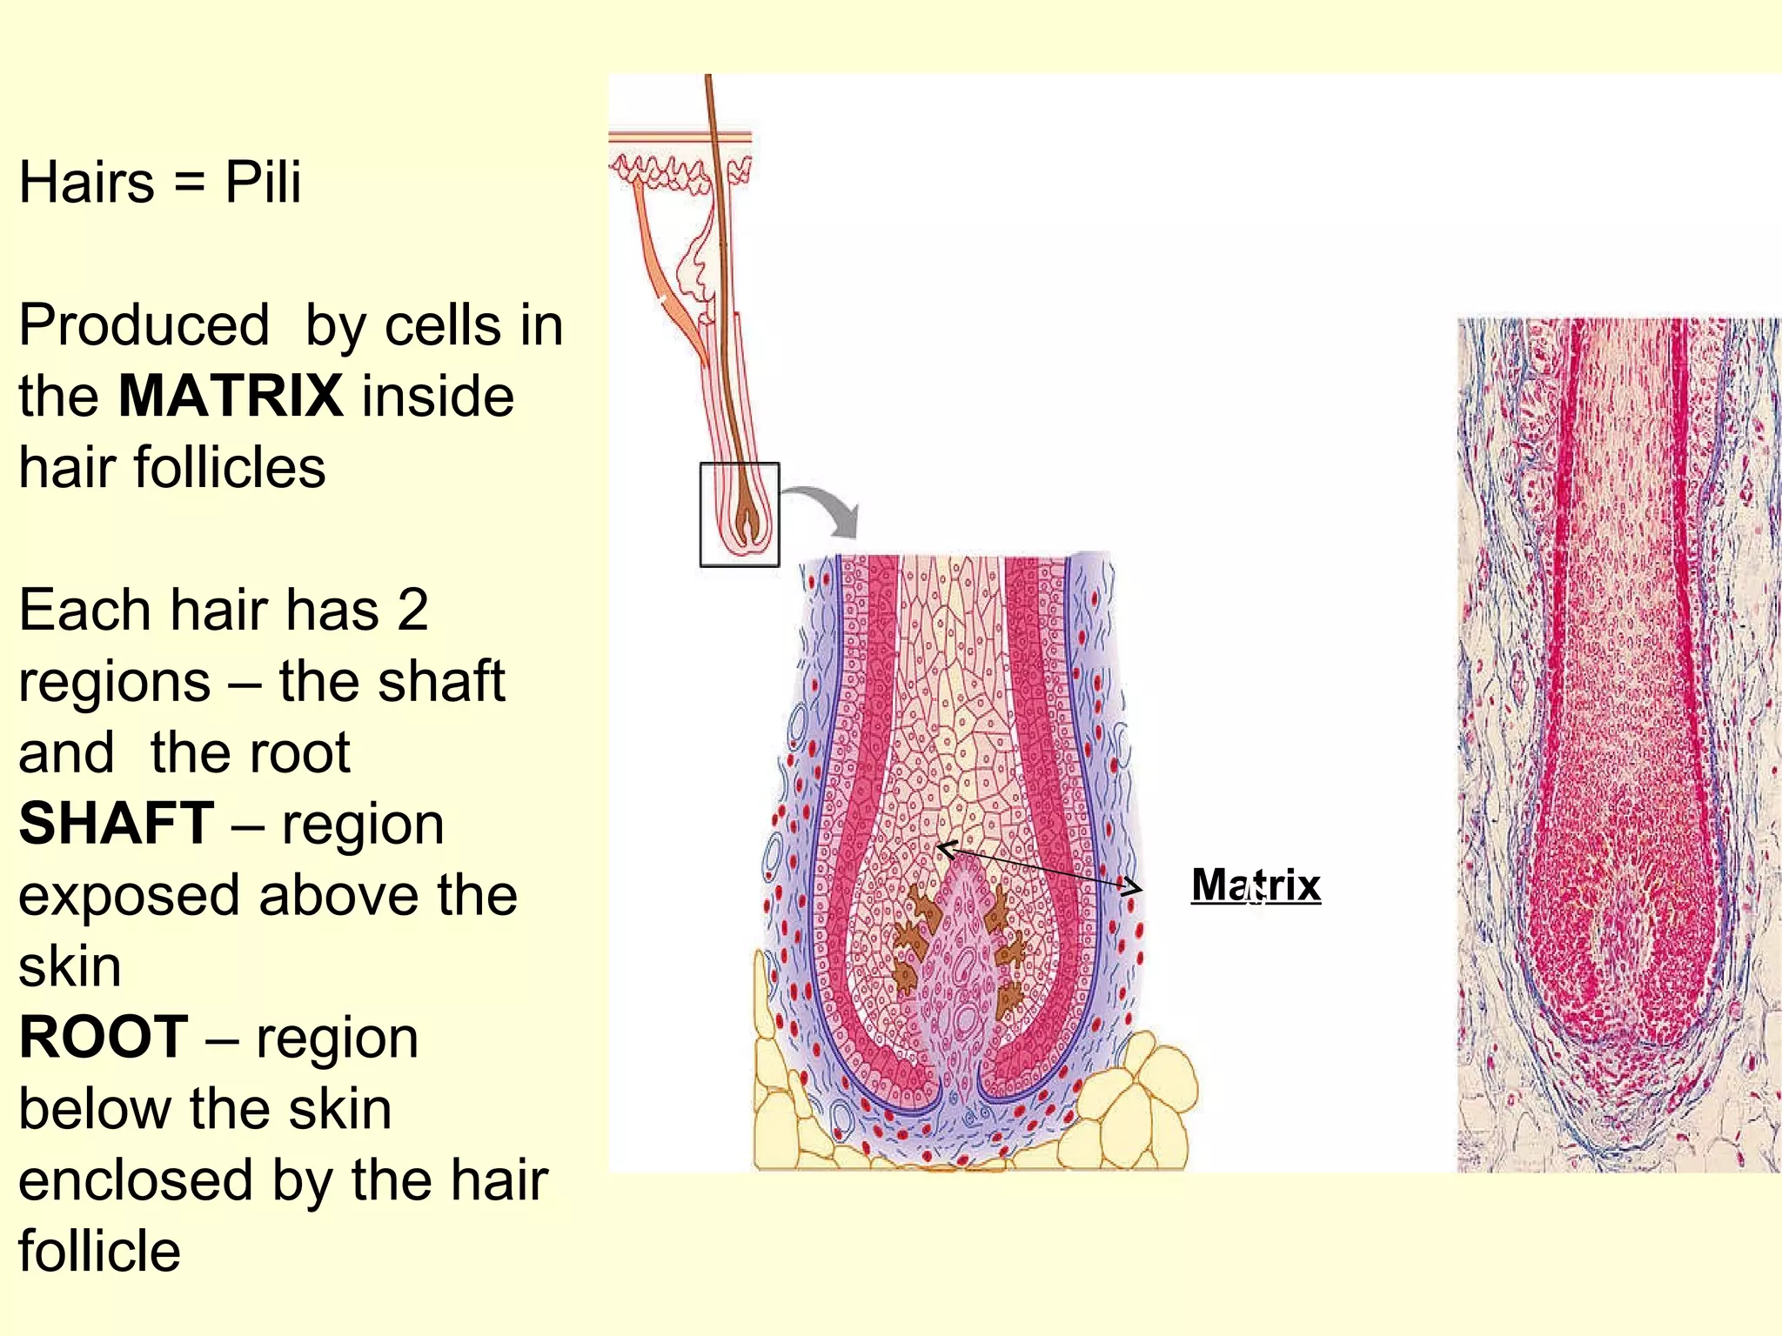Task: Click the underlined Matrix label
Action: tap(1256, 885)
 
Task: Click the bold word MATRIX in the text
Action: tap(231, 396)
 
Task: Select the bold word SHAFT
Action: tap(117, 823)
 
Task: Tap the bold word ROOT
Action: tap(104, 1037)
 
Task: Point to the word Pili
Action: tap(263, 182)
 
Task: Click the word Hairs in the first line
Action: tap(87, 182)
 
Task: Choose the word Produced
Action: tap(144, 325)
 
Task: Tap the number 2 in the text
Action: tap(412, 610)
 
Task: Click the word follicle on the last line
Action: tap(100, 1251)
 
